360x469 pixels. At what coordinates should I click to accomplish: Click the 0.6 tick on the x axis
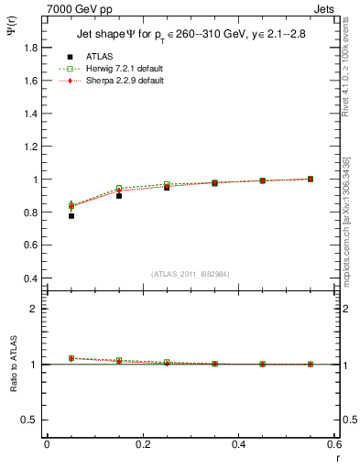coord(334,443)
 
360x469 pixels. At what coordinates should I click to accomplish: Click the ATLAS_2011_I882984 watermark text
coord(191,274)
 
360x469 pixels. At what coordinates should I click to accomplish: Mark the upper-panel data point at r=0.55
coord(311,179)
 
